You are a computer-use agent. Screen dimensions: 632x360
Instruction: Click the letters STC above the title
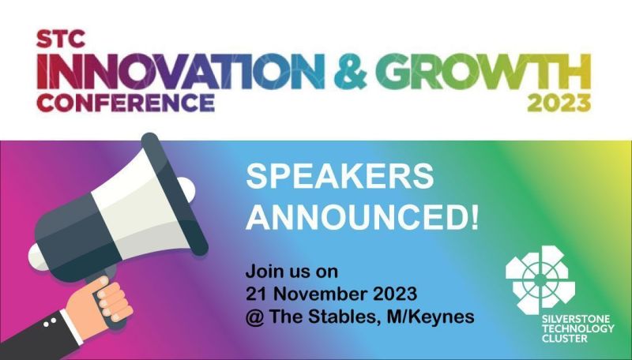tap(61, 39)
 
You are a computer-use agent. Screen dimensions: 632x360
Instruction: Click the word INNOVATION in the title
tap(181, 72)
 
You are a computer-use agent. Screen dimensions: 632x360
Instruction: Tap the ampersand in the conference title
tap(351, 72)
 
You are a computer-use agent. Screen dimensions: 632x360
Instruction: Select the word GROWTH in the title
tap(486, 72)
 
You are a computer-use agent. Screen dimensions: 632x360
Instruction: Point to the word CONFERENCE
tap(126, 103)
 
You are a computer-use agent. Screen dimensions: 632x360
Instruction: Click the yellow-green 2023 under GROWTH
tap(559, 103)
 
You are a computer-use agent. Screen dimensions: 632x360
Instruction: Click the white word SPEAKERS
tap(340, 176)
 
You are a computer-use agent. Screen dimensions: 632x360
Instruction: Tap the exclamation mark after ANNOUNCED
tap(473, 217)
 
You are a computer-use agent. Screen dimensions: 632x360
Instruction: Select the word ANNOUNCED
tap(355, 217)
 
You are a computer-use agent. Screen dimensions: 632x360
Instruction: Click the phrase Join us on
tap(292, 272)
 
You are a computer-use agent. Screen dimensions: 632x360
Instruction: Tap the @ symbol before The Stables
tap(254, 317)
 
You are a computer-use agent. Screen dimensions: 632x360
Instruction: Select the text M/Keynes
tap(431, 317)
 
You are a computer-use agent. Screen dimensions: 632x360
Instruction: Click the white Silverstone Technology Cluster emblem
tap(540, 279)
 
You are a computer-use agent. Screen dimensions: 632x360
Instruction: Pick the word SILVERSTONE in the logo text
tap(570, 319)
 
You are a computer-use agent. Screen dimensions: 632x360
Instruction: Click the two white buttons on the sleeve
tap(50, 323)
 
